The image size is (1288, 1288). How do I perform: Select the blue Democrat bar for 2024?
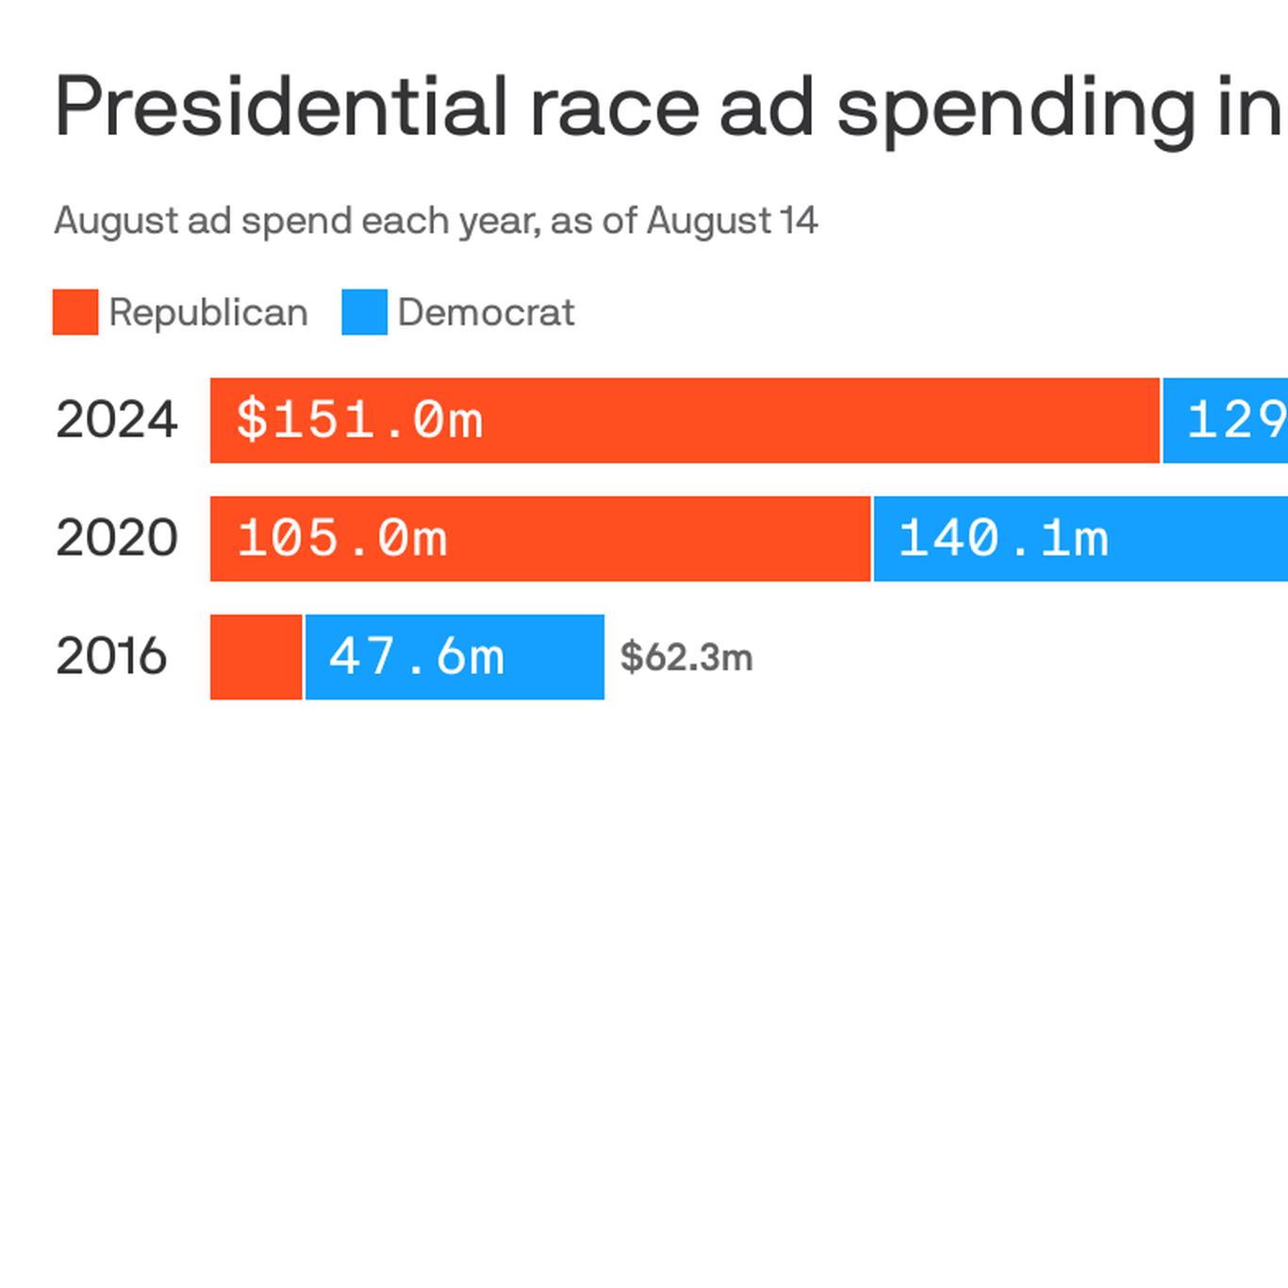1226,421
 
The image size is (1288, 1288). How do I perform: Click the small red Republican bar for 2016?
256,657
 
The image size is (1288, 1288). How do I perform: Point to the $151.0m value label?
359,420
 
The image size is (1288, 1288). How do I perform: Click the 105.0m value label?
342,538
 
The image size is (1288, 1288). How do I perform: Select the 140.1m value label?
1003,538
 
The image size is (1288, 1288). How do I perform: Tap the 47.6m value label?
417,656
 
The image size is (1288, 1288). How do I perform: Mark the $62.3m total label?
686,657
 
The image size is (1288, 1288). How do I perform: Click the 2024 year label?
116,420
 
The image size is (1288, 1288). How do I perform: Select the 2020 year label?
116,537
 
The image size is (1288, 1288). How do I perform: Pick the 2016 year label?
111,656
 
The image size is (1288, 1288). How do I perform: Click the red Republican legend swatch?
75,312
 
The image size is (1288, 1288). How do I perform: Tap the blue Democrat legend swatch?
364,312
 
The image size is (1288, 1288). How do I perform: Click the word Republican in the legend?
208,312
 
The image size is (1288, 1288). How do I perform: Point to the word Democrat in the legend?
486,312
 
